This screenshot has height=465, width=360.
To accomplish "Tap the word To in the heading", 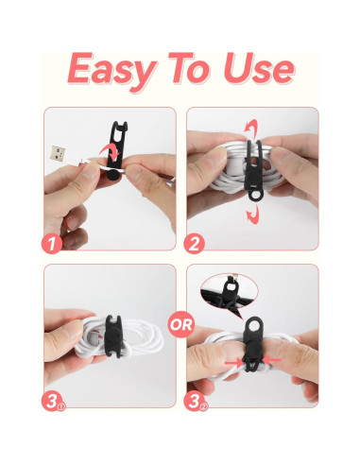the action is point(189,68).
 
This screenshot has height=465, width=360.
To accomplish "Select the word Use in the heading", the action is point(258,68).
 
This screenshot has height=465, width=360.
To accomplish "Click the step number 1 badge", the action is point(52,243).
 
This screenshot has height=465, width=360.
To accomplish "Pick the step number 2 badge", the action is point(195,243).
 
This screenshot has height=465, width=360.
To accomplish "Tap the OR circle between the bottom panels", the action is point(180,324).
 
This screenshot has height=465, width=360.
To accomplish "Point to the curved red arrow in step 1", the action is point(110,151).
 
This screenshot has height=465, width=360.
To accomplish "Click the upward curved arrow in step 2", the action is point(251,129).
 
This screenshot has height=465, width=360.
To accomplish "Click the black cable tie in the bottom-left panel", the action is point(112,336).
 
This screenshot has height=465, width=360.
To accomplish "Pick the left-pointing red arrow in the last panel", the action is point(271,359).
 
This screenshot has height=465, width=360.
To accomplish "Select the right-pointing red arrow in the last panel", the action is point(233,364).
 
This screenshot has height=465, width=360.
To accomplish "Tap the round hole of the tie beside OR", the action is point(253,327).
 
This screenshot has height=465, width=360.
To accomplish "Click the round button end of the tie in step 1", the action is point(112,174).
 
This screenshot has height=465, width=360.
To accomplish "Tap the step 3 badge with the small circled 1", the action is point(53,401).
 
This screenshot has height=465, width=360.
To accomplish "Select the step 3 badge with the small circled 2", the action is point(196,401).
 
